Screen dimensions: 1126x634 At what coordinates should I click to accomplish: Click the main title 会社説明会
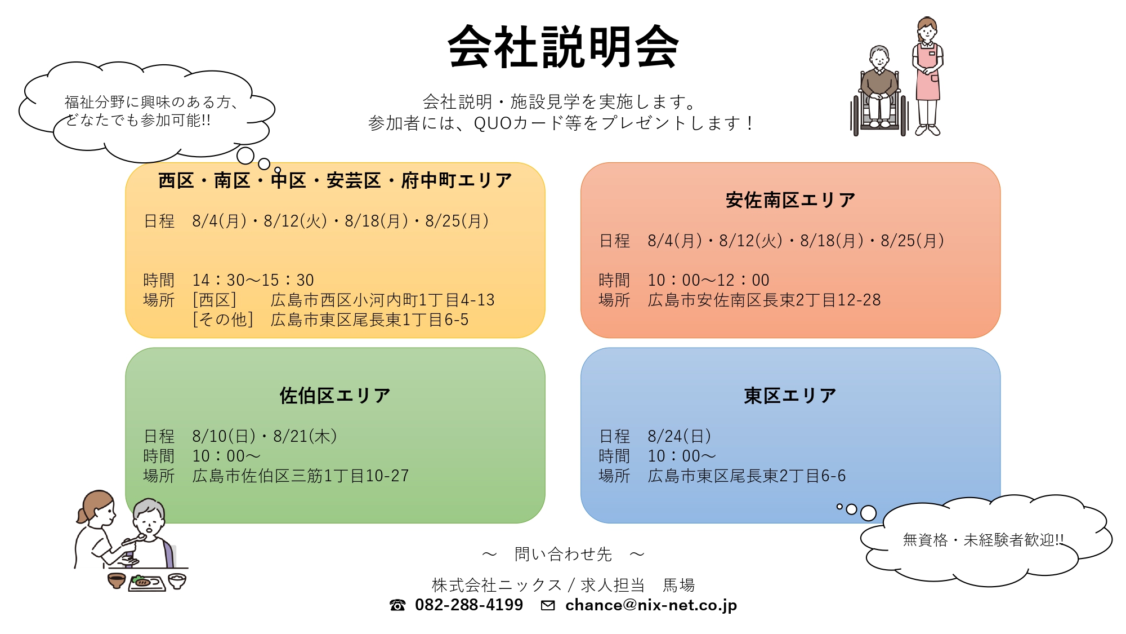click(x=563, y=47)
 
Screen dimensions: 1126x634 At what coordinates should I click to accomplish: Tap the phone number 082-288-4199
click(x=469, y=605)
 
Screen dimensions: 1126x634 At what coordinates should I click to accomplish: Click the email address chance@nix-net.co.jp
click(x=651, y=605)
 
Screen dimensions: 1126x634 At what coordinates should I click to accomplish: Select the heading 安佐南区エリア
click(x=790, y=200)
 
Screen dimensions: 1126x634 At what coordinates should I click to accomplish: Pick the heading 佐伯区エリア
click(x=335, y=396)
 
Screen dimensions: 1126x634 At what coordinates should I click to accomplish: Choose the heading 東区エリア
click(x=790, y=396)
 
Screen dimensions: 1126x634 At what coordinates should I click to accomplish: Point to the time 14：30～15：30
click(x=253, y=280)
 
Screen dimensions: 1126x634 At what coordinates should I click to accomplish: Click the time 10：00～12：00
click(x=709, y=280)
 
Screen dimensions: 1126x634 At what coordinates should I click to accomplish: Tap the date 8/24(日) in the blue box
click(x=680, y=436)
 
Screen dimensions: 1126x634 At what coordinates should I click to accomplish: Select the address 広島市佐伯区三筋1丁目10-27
click(x=301, y=476)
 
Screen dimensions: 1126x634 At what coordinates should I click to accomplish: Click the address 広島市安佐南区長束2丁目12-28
click(x=764, y=300)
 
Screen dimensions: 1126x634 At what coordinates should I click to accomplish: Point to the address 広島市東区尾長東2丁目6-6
click(x=747, y=476)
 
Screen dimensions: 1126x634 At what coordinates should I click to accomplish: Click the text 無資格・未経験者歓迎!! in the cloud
click(x=983, y=540)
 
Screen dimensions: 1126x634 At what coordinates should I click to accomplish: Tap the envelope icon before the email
click(x=548, y=605)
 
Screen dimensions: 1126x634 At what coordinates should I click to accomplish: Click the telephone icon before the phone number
click(x=397, y=605)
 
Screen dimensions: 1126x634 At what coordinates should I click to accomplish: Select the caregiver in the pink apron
click(x=927, y=77)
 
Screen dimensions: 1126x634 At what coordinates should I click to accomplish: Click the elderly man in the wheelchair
click(x=879, y=92)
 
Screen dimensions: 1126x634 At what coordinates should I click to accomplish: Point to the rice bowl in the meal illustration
click(x=177, y=580)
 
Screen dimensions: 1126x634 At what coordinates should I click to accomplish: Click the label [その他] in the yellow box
click(x=223, y=320)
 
